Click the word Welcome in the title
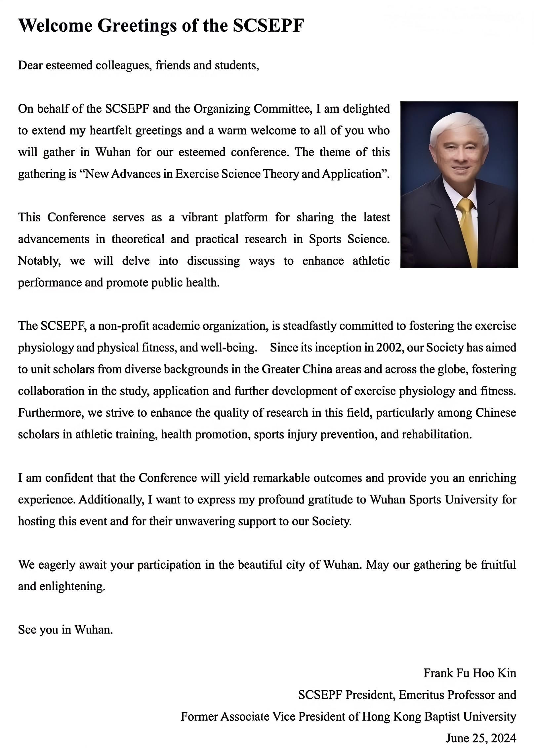55,25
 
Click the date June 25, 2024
481,738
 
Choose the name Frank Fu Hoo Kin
470,673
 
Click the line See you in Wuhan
65,630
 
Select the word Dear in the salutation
30,66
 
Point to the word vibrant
200,217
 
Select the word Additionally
111,500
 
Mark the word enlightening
72,586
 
